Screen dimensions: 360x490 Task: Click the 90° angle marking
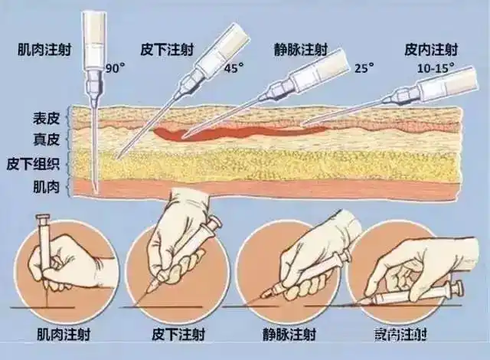(x=116, y=67)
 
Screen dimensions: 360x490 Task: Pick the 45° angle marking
(x=234, y=67)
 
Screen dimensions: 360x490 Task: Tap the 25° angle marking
(x=364, y=67)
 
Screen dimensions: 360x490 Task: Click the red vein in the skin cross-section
(x=230, y=133)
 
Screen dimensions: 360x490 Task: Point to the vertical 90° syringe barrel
(x=94, y=38)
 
